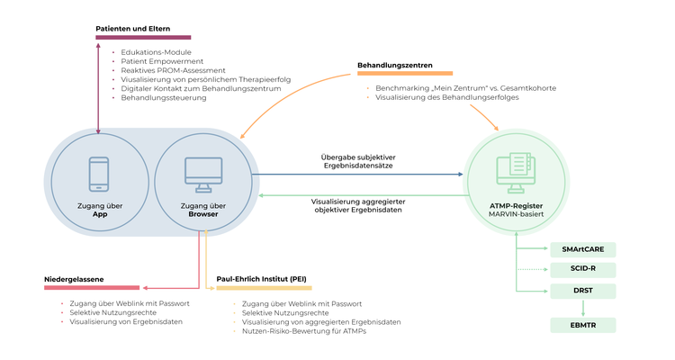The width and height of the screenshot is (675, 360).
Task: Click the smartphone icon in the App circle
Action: point(98,174)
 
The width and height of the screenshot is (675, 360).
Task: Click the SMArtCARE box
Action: point(582,248)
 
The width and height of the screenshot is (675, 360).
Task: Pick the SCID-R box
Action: point(582,269)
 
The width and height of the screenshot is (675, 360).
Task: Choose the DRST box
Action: point(582,290)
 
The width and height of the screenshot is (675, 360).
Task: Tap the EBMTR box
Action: point(582,324)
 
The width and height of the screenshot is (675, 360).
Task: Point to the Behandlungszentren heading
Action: point(394,65)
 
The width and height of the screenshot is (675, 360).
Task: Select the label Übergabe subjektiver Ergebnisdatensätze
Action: point(357,161)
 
